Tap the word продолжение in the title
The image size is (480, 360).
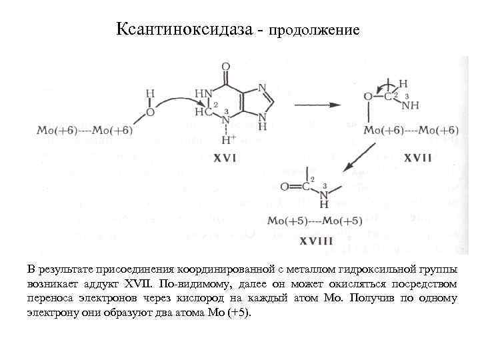pyautogui.click(x=315, y=31)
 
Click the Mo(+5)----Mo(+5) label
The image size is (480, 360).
pyautogui.click(x=315, y=221)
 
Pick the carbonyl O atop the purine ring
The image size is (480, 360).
pyautogui.click(x=226, y=67)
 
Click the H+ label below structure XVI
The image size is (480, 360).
pyautogui.click(x=229, y=141)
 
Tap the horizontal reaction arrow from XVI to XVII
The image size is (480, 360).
pyautogui.click(x=317, y=105)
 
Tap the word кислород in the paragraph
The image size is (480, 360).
pyautogui.click(x=263, y=298)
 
